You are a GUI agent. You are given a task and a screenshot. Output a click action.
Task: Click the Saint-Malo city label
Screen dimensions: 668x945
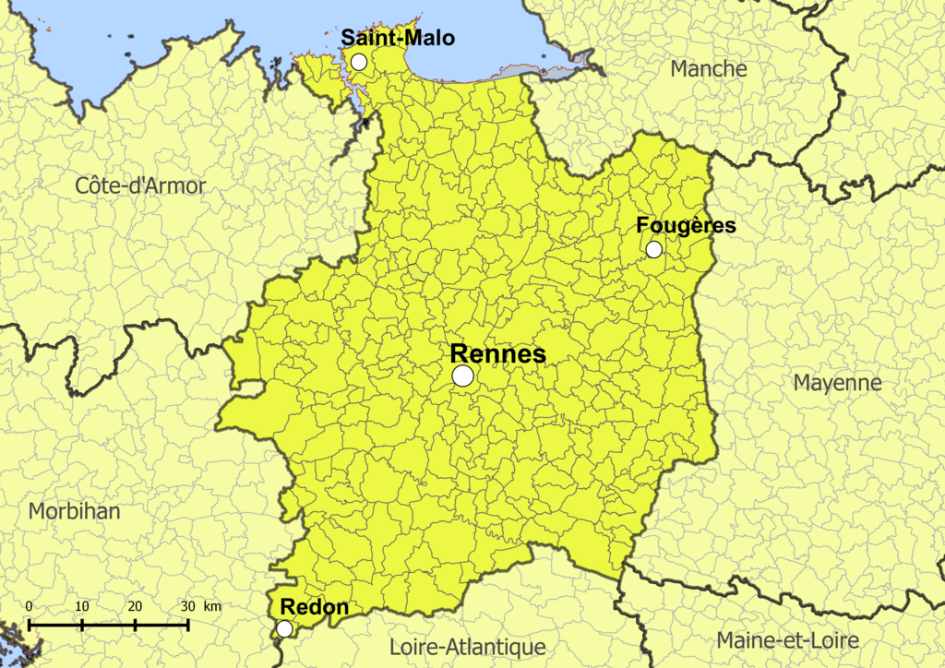(x=398, y=38)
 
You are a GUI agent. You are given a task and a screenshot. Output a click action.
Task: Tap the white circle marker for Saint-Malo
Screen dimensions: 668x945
(x=359, y=62)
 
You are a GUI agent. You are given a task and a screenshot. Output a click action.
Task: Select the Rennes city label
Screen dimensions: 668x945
(x=497, y=354)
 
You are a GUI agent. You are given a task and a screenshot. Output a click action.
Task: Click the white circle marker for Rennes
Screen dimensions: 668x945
(x=463, y=376)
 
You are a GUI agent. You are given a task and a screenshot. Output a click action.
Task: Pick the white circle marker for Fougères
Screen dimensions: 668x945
(x=653, y=249)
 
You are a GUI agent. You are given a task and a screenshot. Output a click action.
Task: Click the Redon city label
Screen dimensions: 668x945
(x=314, y=607)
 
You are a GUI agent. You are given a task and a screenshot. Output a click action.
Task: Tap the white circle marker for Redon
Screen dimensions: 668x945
(x=285, y=628)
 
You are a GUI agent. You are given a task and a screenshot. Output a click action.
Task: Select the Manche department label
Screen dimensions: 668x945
(x=709, y=68)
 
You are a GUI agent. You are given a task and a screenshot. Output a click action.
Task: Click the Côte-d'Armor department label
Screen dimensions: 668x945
(x=140, y=185)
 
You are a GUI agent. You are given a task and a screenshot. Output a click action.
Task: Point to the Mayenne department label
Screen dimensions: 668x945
(x=838, y=382)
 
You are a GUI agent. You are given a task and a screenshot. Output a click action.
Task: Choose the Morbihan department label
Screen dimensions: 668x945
(x=74, y=510)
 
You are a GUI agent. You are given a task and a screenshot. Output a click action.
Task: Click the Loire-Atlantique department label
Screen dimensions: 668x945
(x=467, y=647)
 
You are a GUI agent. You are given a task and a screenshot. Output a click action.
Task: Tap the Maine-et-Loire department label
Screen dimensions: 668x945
(x=787, y=640)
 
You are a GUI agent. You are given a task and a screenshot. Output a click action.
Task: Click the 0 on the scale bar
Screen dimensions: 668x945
(x=30, y=606)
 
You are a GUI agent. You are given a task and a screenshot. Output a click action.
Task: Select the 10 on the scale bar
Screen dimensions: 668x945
(x=82, y=606)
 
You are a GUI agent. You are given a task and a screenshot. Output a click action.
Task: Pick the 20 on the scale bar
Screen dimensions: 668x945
(x=135, y=606)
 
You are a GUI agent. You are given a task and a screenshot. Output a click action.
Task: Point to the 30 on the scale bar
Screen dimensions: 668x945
(x=187, y=606)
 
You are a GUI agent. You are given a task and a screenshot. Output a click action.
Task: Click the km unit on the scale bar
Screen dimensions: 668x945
(x=212, y=606)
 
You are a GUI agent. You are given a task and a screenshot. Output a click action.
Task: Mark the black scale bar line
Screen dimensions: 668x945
(x=109, y=625)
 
